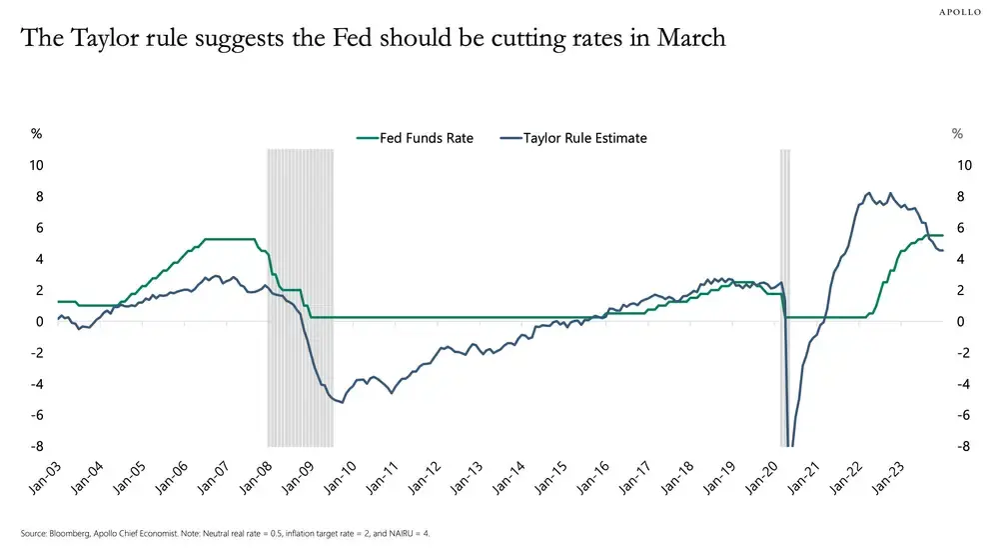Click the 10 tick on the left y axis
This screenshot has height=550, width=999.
point(37,165)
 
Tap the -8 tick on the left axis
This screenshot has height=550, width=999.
point(37,447)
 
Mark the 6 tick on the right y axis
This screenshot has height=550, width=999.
point(960,228)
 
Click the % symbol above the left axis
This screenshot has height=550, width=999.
point(36,133)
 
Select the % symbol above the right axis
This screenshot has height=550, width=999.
point(957,133)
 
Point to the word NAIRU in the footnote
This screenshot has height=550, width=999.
point(395,533)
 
